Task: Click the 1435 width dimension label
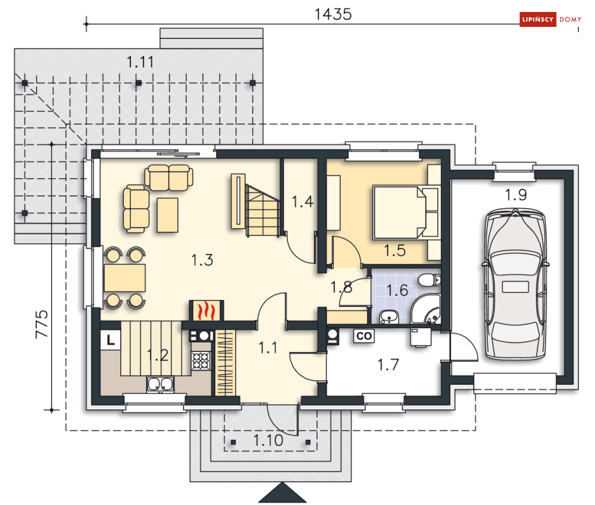(x=333, y=14)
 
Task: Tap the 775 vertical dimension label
(x=41, y=324)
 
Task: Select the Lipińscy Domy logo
(x=551, y=19)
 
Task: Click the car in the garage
(x=515, y=284)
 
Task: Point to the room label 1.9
(x=515, y=195)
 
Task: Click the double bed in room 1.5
(x=405, y=212)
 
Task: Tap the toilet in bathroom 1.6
(x=429, y=280)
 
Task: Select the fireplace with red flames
(x=206, y=311)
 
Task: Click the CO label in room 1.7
(x=364, y=336)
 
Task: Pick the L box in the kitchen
(x=111, y=339)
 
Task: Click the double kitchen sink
(x=160, y=384)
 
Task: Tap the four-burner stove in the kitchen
(x=201, y=360)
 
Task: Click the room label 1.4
(x=303, y=201)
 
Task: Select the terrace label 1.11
(x=140, y=62)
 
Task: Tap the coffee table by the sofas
(x=167, y=215)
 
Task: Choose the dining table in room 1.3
(x=124, y=278)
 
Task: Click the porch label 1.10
(x=268, y=440)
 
